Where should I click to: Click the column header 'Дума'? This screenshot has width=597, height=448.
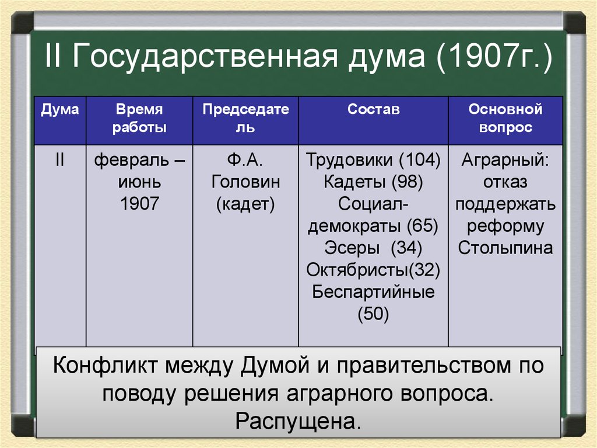point(60,110)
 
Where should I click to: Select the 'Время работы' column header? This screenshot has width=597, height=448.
point(139,119)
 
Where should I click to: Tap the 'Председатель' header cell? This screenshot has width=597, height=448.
point(245,119)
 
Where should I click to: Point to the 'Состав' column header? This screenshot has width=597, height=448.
point(374,110)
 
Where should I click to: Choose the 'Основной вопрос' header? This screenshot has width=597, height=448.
point(505,119)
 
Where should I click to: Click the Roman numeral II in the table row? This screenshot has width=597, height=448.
point(60,159)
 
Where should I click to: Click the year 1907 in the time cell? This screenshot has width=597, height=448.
point(139,203)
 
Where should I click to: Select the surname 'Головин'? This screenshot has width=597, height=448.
point(245,182)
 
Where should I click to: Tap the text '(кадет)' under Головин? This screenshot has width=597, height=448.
point(245,204)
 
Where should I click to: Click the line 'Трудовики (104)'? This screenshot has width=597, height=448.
point(373,160)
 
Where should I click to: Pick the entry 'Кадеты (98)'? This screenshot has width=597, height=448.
point(373,182)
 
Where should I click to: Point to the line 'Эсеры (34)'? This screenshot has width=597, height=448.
point(373,248)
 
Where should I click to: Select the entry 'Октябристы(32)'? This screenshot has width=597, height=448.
point(373,270)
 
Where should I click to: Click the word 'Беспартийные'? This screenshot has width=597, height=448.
point(373,292)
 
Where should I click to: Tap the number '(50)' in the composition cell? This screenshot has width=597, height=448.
point(373,314)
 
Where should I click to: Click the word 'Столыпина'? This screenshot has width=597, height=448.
point(505,248)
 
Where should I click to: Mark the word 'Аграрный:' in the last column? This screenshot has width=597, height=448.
point(505,160)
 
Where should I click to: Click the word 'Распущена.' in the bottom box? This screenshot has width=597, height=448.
point(298,421)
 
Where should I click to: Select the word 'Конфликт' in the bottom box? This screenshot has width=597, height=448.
point(105,365)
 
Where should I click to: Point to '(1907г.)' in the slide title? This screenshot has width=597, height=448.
point(494,57)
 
